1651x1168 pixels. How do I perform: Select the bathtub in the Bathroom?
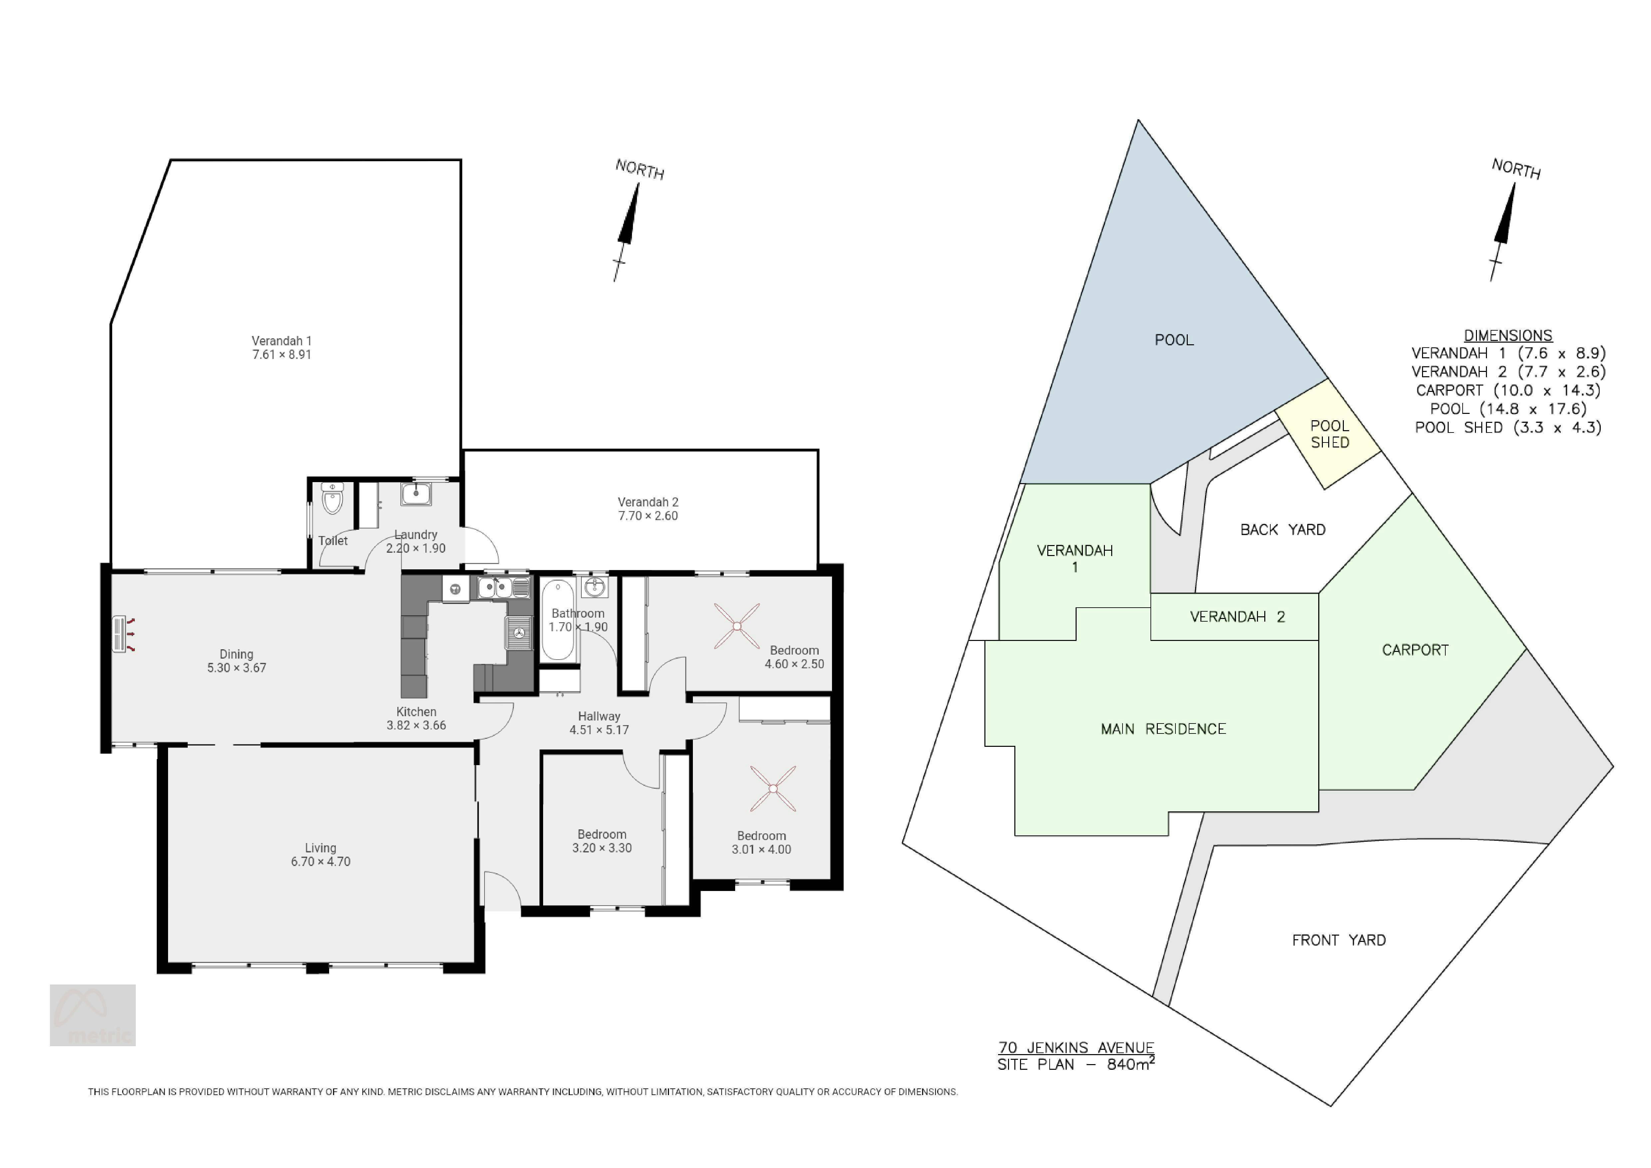click(557, 620)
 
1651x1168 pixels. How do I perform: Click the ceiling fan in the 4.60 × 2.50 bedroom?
click(737, 626)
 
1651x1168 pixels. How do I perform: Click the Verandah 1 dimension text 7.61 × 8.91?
click(282, 355)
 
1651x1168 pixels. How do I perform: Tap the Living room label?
click(321, 848)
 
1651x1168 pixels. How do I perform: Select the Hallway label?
click(599, 716)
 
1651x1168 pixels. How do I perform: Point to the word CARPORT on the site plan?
click(1415, 650)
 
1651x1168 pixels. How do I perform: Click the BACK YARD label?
click(1283, 530)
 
